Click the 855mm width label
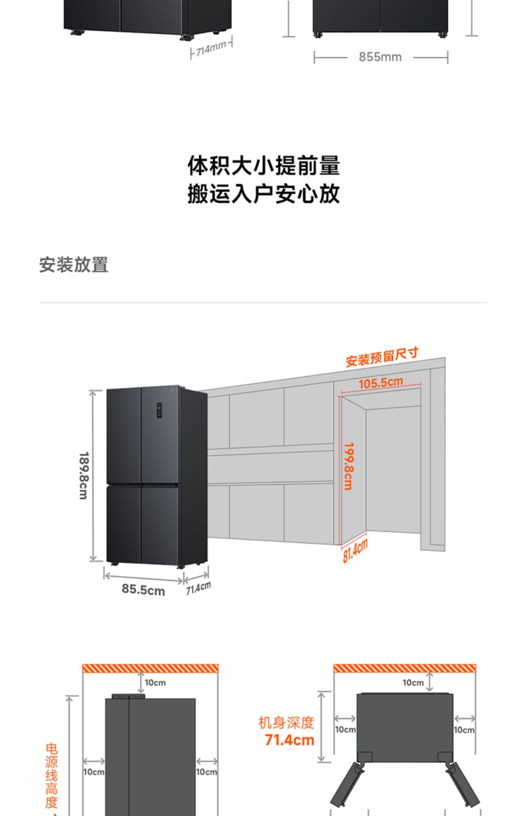(x=380, y=57)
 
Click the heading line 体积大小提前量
(x=263, y=166)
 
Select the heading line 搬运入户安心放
(x=263, y=194)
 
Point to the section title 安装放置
(x=74, y=265)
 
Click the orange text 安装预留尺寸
(x=382, y=357)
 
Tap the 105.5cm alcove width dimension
(x=380, y=382)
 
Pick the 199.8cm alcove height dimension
(x=349, y=466)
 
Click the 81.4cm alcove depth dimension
(x=355, y=551)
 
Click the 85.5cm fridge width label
(x=143, y=589)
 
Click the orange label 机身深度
(x=286, y=723)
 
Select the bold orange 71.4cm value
(x=289, y=740)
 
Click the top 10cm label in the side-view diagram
(x=155, y=682)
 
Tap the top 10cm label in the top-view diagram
(x=413, y=682)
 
